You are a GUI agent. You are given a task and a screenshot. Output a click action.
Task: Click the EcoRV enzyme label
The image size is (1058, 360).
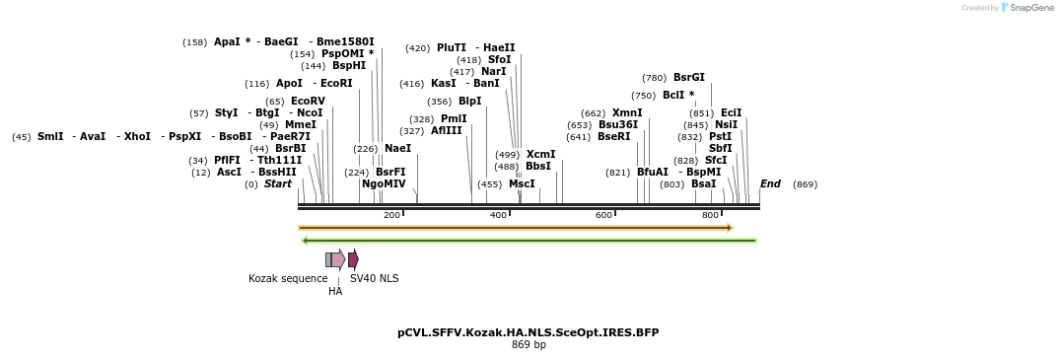(308, 101)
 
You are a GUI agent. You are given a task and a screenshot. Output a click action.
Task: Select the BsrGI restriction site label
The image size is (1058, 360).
(688, 77)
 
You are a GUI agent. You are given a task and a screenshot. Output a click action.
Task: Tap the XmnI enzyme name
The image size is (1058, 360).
(627, 112)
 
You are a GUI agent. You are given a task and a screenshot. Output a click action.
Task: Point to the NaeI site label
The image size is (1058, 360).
(397, 148)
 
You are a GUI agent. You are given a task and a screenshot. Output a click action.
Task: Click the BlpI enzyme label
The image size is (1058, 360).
(469, 101)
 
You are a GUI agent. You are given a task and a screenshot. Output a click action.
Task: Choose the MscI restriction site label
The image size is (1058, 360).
(522, 183)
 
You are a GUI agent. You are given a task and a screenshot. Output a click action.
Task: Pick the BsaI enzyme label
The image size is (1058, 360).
(703, 183)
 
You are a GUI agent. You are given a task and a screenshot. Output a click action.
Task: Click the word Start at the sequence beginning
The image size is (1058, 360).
(277, 183)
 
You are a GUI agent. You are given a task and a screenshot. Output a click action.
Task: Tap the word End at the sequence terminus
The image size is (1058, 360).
(770, 183)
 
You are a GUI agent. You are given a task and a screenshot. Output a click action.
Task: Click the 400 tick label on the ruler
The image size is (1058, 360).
(498, 215)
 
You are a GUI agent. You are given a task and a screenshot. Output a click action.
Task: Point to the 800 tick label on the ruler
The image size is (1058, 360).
(710, 215)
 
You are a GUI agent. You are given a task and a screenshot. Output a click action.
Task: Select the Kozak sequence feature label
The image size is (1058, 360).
(288, 278)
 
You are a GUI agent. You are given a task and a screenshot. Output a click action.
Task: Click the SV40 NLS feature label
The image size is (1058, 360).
(375, 278)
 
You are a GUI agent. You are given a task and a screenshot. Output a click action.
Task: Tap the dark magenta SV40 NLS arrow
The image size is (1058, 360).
(353, 259)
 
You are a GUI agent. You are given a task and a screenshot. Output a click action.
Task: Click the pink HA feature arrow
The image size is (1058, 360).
(338, 259)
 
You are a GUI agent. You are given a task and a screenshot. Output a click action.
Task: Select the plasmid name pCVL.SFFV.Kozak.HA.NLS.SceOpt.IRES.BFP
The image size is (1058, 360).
(529, 332)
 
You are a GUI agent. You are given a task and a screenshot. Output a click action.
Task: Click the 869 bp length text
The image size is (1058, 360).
(529, 344)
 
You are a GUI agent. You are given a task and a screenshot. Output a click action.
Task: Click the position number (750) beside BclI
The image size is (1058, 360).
(643, 96)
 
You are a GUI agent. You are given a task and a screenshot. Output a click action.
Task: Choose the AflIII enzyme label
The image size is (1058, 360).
(446, 130)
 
